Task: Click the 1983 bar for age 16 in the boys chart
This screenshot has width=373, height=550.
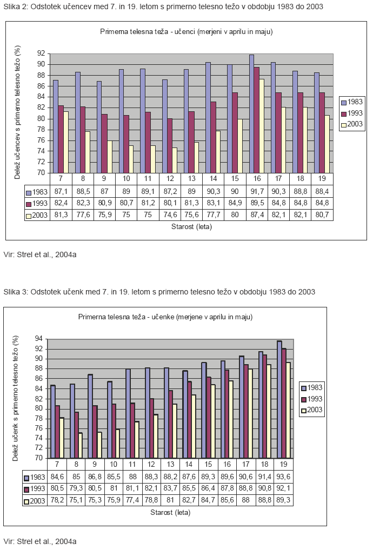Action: (x=251, y=113)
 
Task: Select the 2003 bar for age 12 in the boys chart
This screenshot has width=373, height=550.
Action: (x=175, y=160)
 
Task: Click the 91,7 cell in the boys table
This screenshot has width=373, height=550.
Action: (x=257, y=191)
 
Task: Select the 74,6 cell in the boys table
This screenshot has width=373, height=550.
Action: (x=170, y=214)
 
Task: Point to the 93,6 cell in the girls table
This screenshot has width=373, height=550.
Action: (x=283, y=477)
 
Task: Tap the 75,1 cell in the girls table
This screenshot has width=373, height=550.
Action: (x=76, y=500)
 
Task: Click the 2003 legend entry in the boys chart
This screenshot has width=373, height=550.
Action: (x=352, y=124)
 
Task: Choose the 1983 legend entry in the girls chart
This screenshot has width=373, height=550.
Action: (x=311, y=387)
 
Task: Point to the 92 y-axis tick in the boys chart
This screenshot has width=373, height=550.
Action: (x=42, y=53)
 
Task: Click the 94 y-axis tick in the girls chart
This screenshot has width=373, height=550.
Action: (x=38, y=339)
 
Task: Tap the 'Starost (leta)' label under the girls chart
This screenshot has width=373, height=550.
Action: (x=170, y=513)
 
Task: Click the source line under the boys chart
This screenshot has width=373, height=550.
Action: (x=40, y=254)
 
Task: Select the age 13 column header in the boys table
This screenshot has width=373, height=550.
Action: (x=191, y=178)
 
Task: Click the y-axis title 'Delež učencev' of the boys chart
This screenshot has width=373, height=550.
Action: (x=17, y=112)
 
